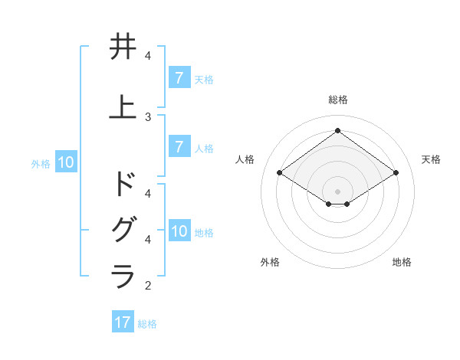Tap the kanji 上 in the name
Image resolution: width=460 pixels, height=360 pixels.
pos(123,107)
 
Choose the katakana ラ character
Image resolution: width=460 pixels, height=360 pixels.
pos(123,276)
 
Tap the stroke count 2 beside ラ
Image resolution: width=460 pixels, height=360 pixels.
pos(148,286)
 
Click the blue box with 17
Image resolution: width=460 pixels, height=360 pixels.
pos(123,322)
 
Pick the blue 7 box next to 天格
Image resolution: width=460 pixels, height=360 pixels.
pos(179,77)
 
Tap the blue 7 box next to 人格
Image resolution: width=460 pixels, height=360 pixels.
pos(179,147)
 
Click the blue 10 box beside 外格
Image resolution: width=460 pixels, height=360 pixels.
pos(66,162)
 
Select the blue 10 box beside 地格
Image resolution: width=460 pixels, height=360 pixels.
pos(179,231)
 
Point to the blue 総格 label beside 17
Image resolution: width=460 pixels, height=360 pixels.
pos(147,323)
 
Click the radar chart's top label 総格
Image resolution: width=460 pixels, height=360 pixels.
pos(337,100)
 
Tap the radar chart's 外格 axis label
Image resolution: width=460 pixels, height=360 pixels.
pos(270,262)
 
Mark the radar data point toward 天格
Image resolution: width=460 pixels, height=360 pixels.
pos(396,173)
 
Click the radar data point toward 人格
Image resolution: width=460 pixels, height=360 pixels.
pos(279,173)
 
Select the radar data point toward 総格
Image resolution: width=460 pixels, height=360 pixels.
pos(337,131)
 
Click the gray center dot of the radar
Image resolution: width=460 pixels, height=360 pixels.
pos(337,191)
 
